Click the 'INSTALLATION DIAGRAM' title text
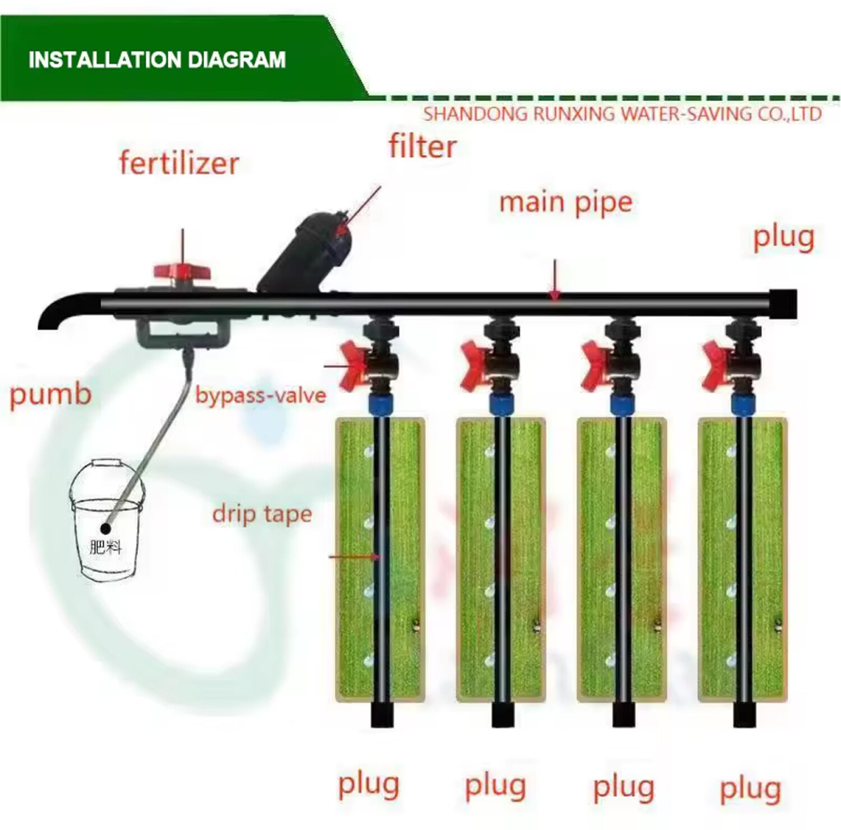pos(157,60)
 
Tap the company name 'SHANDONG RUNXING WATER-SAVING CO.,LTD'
pos(622,114)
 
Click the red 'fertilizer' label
pos(179,163)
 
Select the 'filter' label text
pos(423,147)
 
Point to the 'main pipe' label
pos(566,203)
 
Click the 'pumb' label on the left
pos(50,394)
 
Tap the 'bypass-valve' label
pos(261,395)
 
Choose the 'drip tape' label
pos(262,514)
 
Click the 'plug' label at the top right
pos(784,238)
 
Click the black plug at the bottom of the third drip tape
pos(622,714)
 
